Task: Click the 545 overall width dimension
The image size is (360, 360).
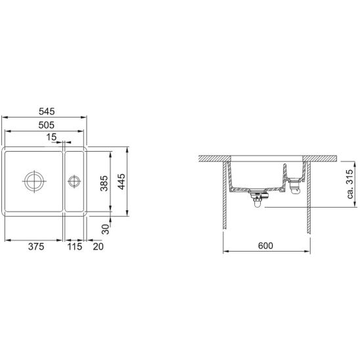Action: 47,112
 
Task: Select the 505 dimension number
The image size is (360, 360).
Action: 47,125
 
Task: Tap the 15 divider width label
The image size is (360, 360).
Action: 51,137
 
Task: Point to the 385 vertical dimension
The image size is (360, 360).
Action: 104,183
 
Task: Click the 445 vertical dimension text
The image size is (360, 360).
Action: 122,181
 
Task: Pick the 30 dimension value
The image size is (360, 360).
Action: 105,229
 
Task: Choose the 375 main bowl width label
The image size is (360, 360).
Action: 36,246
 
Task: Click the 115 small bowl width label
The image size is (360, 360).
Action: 75,246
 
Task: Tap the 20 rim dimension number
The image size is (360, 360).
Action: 99,246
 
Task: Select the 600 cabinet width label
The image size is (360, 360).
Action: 265,246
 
